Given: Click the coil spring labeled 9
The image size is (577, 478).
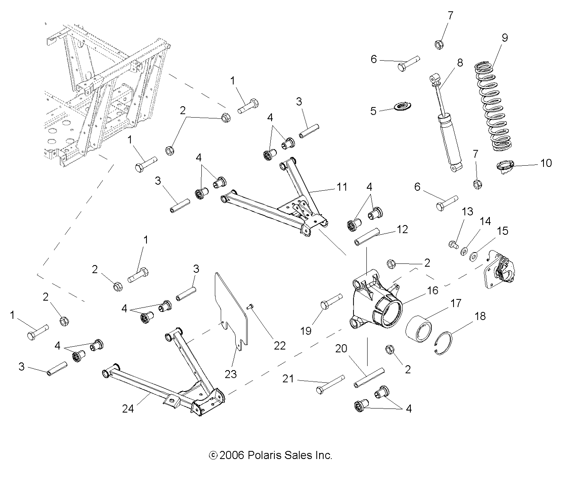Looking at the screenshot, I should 498,107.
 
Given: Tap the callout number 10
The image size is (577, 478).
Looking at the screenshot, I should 545,163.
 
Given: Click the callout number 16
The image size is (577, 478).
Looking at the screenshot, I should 432,290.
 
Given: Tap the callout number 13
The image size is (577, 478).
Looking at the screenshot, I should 467,211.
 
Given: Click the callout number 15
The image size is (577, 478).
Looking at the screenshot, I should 502,231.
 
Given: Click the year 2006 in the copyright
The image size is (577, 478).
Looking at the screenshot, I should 231,455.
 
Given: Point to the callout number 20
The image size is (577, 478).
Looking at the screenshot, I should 341,348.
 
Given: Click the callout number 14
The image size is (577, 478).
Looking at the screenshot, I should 485,221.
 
